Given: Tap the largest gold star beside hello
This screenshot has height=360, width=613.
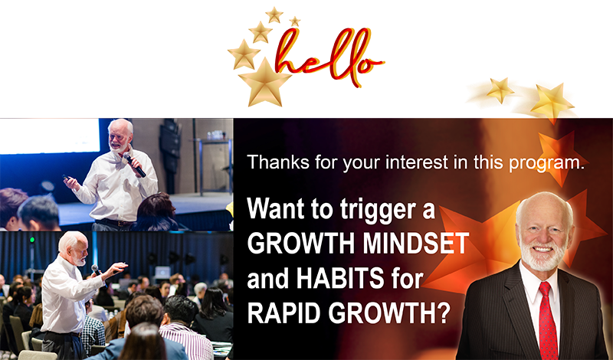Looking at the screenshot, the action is [265, 83].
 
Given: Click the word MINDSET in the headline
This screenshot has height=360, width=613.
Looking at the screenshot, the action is [415, 243].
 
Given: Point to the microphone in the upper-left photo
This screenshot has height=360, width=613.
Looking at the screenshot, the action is [134, 165].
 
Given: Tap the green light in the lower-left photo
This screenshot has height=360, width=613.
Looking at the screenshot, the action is [32, 240].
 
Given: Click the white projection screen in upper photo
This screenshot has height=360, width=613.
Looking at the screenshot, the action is [50, 136].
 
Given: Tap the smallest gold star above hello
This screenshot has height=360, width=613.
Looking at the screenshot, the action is [295, 21].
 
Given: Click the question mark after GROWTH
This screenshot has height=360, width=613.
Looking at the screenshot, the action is [443, 313].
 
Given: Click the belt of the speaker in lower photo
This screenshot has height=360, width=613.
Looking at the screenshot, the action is [64, 333].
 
